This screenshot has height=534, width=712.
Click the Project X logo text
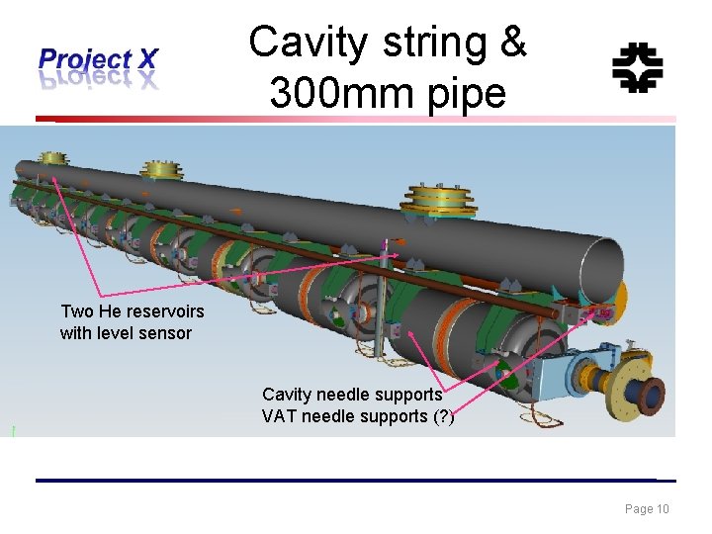pyautogui.click(x=97, y=60)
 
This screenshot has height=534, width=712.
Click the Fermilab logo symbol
pyautogui.click(x=637, y=67)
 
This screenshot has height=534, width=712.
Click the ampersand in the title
pyautogui.click(x=513, y=44)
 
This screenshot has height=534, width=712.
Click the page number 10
pyautogui.click(x=663, y=509)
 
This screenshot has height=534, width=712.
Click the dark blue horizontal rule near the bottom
pyautogui.click(x=356, y=481)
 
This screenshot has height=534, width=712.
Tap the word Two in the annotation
pyautogui.click(x=77, y=311)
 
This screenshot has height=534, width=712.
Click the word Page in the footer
pyautogui.click(x=638, y=509)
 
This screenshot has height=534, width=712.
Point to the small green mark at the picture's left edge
pyautogui.click(x=13, y=430)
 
